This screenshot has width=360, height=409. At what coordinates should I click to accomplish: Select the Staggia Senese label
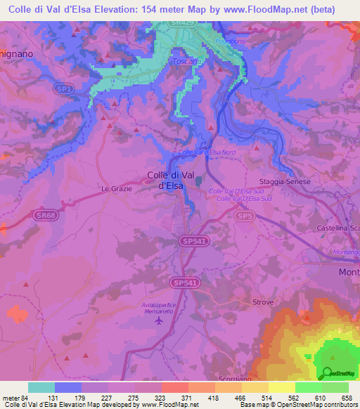click(284, 181)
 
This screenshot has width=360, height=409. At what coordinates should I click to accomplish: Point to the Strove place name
click(262, 301)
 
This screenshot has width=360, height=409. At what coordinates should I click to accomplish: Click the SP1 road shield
click(65, 89)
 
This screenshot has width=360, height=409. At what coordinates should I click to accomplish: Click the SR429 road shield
click(183, 24)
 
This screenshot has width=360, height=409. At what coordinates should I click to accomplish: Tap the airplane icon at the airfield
click(158, 320)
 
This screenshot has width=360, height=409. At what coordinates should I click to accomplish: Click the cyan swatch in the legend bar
click(41, 387)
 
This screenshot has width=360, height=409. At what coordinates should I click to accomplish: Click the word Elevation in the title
click(118, 9)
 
